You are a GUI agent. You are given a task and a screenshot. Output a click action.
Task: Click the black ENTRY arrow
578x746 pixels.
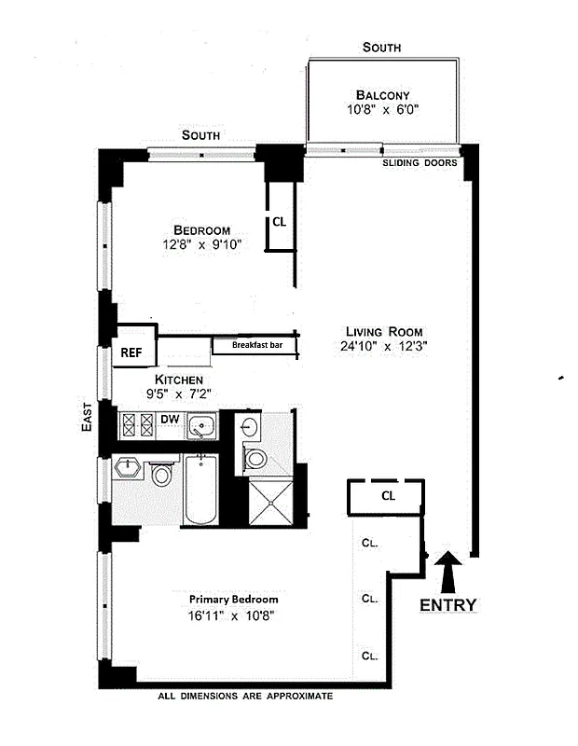tap(448, 568)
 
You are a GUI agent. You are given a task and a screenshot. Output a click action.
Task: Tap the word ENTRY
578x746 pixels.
tap(447, 605)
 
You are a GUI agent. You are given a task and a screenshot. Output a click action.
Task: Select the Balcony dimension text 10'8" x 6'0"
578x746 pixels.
tap(382, 109)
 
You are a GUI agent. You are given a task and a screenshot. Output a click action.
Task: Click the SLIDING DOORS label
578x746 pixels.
tap(420, 162)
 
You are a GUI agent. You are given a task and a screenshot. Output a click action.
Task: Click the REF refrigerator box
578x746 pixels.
tap(130, 352)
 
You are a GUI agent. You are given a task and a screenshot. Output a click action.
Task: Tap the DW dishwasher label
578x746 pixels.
tap(170, 420)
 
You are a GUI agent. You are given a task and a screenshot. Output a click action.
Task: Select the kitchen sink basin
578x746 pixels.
tap(201, 427)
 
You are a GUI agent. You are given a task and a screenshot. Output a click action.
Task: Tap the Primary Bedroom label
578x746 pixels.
tap(233, 600)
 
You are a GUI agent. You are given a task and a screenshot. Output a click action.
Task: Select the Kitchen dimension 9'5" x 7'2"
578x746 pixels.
tap(178, 394)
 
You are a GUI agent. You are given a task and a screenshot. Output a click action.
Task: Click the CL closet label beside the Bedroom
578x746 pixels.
tap(280, 222)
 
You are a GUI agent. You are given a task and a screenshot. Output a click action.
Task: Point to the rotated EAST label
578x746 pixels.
tap(86, 416)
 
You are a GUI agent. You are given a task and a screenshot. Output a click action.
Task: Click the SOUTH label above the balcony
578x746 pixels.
tap(382, 47)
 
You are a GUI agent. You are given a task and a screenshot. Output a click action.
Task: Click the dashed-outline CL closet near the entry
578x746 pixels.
tap(387, 496)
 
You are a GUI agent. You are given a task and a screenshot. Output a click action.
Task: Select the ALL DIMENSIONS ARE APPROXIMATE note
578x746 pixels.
tap(245, 696)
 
